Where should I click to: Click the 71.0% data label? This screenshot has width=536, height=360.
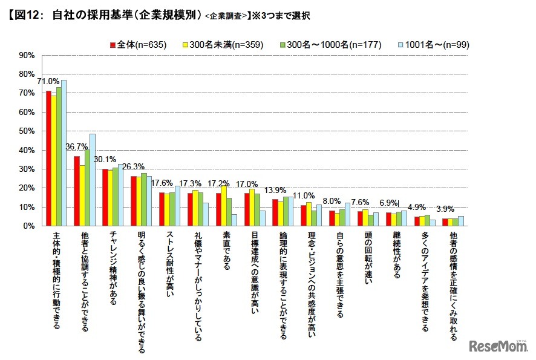48,81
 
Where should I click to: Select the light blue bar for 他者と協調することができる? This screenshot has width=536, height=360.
93,180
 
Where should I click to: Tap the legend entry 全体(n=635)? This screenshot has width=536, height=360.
135,44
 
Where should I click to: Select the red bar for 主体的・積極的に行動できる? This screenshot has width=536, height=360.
49,159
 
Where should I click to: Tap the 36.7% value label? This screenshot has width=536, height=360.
77,147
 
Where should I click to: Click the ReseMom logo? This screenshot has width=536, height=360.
497,345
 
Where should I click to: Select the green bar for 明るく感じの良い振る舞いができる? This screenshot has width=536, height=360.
143,200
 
